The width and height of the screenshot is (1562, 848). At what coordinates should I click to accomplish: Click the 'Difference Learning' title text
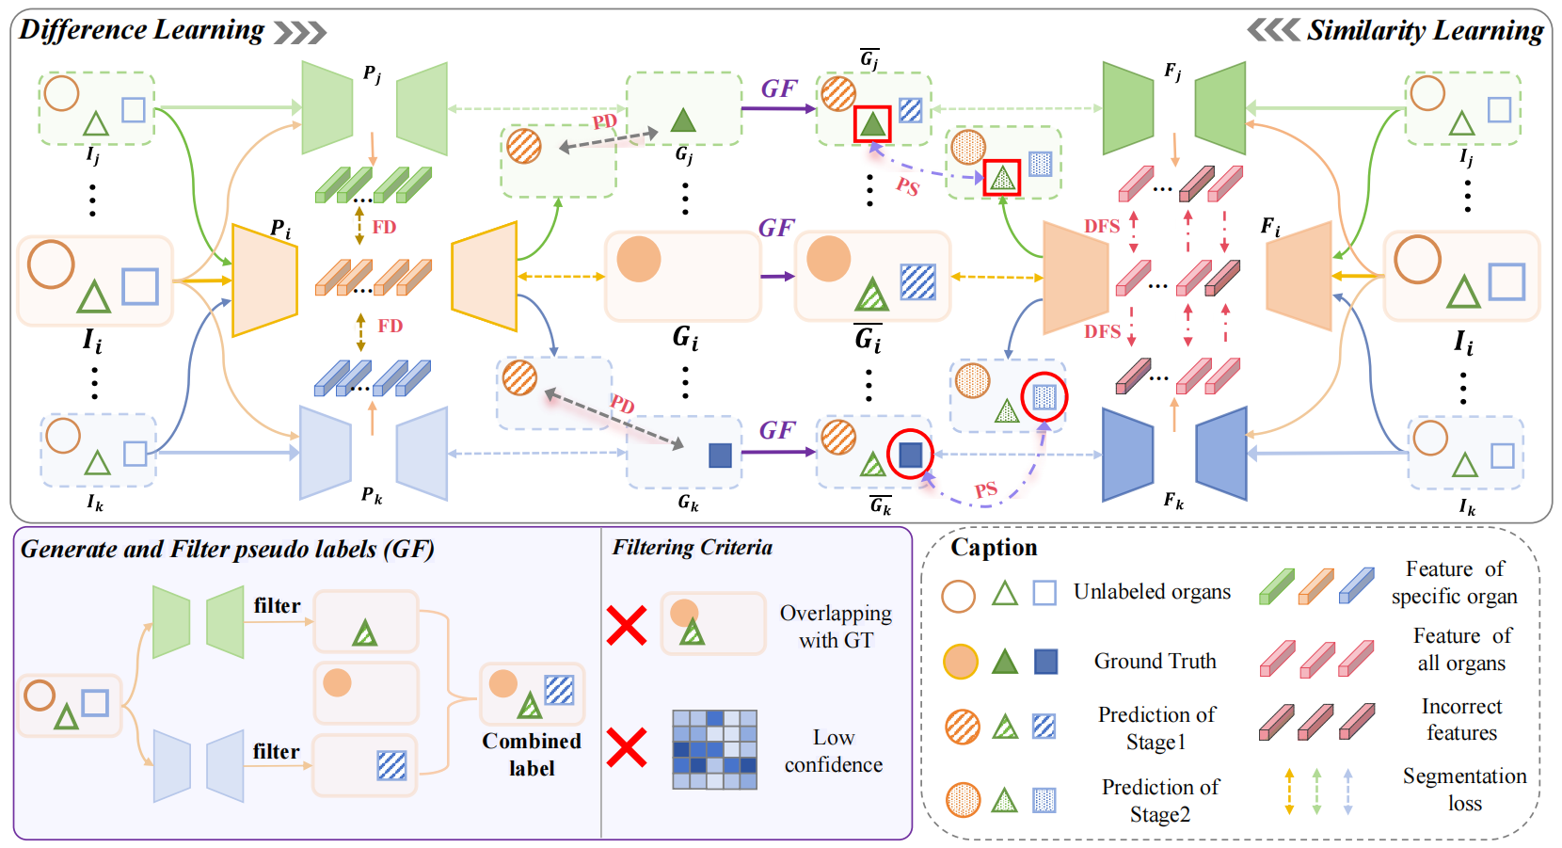pyautogui.click(x=141, y=30)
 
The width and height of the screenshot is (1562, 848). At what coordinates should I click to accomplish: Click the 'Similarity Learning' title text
pyautogui.click(x=1425, y=30)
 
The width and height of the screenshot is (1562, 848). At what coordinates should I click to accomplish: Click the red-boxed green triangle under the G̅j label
pyautogui.click(x=872, y=123)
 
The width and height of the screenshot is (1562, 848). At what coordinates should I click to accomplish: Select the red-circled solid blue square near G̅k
pyautogui.click(x=910, y=455)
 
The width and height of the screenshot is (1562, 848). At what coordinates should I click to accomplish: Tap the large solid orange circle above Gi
pyautogui.click(x=639, y=259)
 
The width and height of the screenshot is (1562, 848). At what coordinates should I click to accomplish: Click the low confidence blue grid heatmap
pyautogui.click(x=714, y=749)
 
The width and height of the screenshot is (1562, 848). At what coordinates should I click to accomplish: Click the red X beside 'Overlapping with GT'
pyautogui.click(x=627, y=625)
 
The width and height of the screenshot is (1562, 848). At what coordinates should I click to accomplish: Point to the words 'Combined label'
pyautogui.click(x=532, y=754)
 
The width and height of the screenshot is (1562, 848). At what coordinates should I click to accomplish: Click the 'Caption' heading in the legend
pyautogui.click(x=994, y=548)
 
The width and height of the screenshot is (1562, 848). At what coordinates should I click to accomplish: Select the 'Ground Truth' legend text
pyautogui.click(x=1155, y=662)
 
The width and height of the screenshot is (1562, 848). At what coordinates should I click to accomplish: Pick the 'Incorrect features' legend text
pyautogui.click(x=1461, y=719)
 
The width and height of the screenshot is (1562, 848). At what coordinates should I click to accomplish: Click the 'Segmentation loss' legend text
pyautogui.click(x=1464, y=789)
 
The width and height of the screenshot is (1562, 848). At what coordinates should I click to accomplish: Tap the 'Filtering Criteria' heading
pyautogui.click(x=692, y=548)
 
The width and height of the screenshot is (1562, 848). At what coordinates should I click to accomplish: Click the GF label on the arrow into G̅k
pyautogui.click(x=777, y=430)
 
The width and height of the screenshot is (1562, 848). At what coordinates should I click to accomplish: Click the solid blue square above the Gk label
pyautogui.click(x=720, y=456)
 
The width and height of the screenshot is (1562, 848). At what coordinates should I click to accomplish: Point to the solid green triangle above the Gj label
pyautogui.click(x=683, y=120)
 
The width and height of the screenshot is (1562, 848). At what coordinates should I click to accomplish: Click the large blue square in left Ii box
pyautogui.click(x=140, y=286)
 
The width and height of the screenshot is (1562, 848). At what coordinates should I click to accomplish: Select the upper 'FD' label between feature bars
pyautogui.click(x=384, y=227)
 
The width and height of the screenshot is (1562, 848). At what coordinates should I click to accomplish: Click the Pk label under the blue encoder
pyautogui.click(x=372, y=494)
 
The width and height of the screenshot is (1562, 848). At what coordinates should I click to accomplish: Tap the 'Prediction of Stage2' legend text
pyautogui.click(x=1159, y=800)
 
